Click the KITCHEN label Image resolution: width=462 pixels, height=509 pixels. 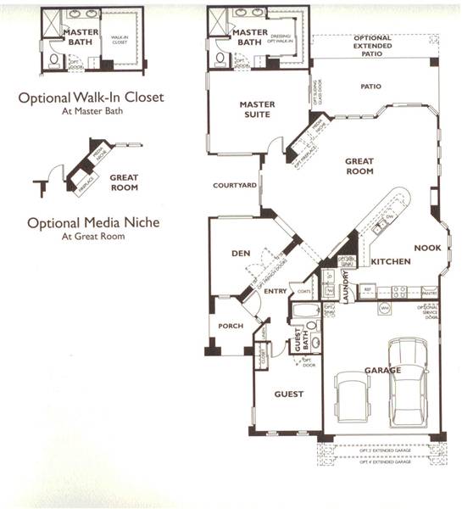tap(391, 261)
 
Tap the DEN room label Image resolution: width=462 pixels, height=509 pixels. tap(239, 253)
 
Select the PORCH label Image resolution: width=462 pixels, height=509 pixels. tap(231, 326)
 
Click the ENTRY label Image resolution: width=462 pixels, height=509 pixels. tap(276, 291)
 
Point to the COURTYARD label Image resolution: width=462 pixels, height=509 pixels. tap(235, 185)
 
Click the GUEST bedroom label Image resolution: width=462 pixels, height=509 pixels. tap(287, 394)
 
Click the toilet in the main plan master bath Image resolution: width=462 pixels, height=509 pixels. tap(220, 58)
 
